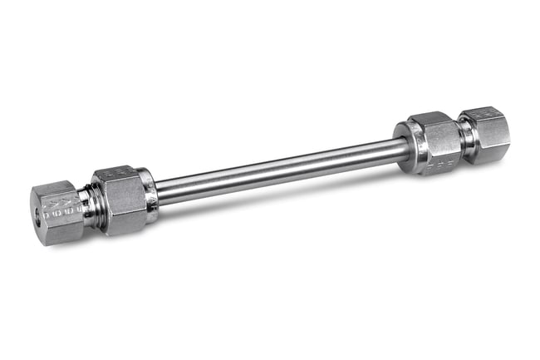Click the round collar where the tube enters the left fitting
pyautogui.click(x=150, y=195)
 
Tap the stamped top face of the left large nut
pyautogui.click(x=116, y=174)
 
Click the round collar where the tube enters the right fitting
pyautogui.click(x=404, y=148)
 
